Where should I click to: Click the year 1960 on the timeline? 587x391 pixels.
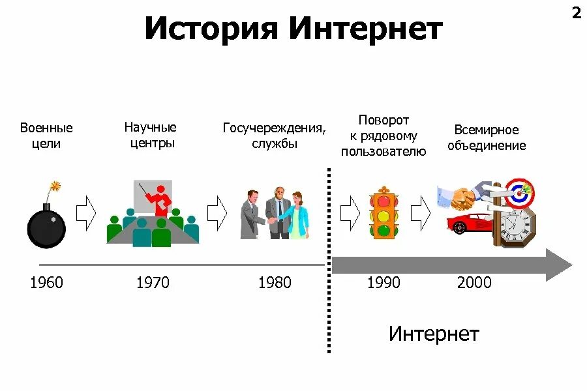click(46, 283)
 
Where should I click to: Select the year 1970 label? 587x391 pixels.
click(153, 283)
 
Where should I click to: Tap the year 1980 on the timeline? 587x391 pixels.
click(275, 283)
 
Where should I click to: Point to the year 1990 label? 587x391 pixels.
click(384, 283)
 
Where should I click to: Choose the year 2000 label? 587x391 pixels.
click(474, 283)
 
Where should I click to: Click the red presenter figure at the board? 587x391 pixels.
click(160, 199)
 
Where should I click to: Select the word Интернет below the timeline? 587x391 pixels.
click(434, 334)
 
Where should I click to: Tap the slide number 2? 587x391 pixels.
click(576, 14)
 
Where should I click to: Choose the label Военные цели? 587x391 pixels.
click(46, 136)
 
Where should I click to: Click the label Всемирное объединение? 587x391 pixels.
click(486, 138)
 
